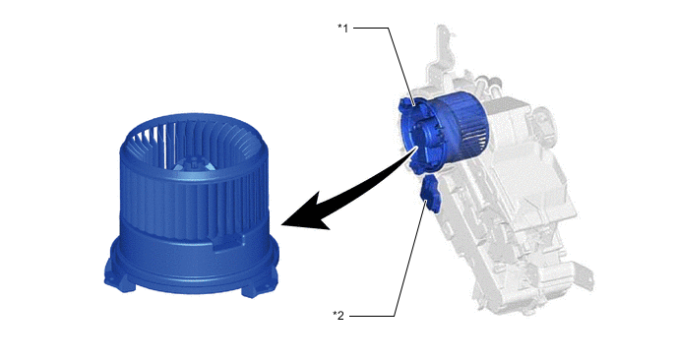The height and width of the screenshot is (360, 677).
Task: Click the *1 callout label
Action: pos(342,29)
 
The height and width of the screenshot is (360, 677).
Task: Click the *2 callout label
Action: pos(338,316)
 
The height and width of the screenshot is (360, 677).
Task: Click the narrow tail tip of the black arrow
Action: pos(417,148)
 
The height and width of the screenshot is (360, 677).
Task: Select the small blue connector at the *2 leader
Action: pos(430,197)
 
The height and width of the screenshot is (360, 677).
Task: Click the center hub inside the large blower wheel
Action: pos(192,165)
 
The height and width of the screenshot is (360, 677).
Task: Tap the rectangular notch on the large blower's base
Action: pos(229,243)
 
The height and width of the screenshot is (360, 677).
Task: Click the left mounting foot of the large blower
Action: pos(118,280)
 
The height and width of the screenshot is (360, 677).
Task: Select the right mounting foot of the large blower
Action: pos(258,290)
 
